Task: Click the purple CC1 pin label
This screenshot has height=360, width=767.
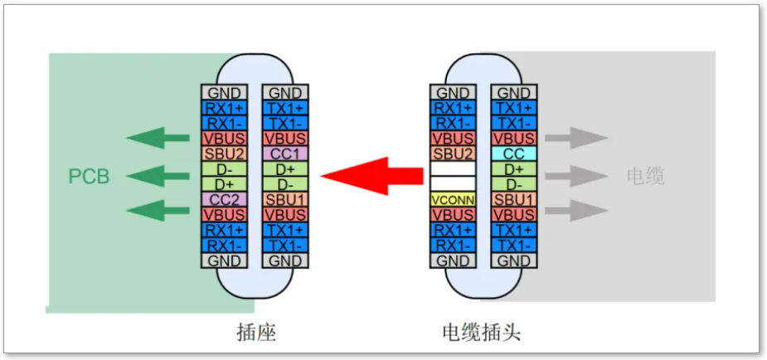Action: [x=284, y=153]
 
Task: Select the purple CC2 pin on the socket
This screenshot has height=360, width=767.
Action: [x=224, y=199]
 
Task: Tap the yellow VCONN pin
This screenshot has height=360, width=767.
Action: [x=452, y=199]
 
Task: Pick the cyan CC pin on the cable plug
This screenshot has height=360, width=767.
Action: [x=513, y=153]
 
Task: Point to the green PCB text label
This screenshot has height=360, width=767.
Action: [x=89, y=177]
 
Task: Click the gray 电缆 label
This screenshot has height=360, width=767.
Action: [x=646, y=177]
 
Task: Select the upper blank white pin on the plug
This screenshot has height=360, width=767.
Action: [x=452, y=168]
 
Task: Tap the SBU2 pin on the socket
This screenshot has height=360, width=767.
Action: [x=224, y=153]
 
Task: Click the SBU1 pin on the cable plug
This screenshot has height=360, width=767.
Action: [x=513, y=199]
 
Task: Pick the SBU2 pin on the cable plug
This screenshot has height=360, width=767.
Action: [x=452, y=153]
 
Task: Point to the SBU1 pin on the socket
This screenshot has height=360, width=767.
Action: [x=284, y=199]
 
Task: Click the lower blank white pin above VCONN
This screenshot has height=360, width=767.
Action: [x=452, y=183]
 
